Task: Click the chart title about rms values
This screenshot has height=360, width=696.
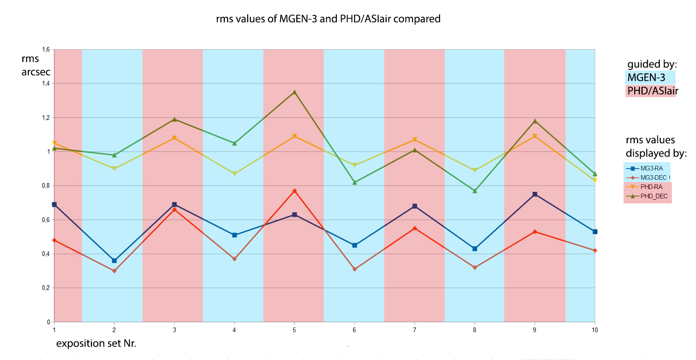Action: coord(328,19)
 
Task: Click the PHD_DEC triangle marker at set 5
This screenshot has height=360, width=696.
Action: coord(295,92)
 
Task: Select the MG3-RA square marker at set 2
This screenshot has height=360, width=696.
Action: coord(114,261)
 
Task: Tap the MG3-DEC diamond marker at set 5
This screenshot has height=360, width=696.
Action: coord(295,191)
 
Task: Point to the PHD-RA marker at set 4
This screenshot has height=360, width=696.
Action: coord(235,174)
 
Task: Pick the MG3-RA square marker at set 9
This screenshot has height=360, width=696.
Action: coord(535,194)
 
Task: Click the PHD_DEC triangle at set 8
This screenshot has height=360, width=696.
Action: coord(475,191)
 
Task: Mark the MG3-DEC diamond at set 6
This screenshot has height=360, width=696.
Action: coord(355,269)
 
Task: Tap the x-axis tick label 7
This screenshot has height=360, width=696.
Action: coord(414,330)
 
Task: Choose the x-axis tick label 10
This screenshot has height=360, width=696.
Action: coord(594,330)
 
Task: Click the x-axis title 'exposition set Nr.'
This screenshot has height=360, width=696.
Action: coord(96,344)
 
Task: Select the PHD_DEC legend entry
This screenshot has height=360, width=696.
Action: coord(647,196)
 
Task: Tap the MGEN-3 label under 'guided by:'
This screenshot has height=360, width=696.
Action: coord(646,78)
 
